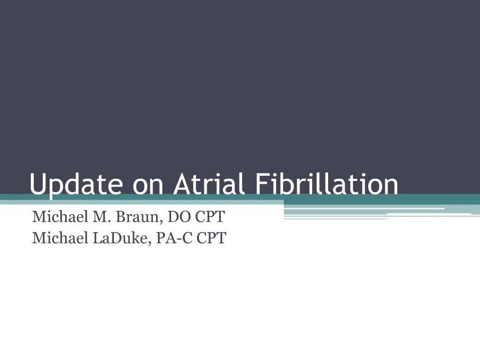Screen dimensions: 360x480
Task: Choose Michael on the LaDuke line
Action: (55, 238)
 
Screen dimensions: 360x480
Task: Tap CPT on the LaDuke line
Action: (211, 238)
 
